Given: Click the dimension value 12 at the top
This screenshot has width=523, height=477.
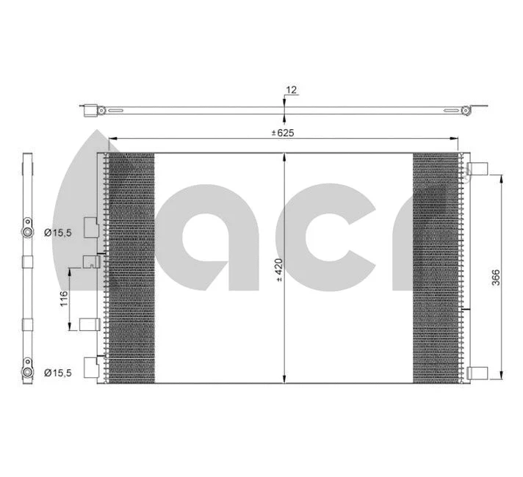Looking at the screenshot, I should [x=291, y=90].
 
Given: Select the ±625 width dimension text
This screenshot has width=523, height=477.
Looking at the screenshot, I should [x=283, y=133].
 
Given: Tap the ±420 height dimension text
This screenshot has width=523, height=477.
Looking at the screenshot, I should [x=278, y=269].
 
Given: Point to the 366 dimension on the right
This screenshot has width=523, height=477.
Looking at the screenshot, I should [x=496, y=277].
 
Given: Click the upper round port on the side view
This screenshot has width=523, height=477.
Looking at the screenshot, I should [x=27, y=233].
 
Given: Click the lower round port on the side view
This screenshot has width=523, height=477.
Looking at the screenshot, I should [x=27, y=372].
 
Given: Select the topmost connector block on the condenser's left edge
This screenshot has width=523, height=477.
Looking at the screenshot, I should [x=90, y=227].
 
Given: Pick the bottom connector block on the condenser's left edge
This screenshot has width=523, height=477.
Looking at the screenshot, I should [x=91, y=366].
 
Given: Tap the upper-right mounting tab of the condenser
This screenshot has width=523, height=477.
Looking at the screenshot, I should [x=478, y=168].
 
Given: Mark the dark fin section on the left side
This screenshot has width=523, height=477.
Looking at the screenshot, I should [x=132, y=268].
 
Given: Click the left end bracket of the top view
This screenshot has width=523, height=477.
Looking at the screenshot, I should [x=90, y=111].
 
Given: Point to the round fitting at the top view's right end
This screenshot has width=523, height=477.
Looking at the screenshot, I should [x=466, y=111].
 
